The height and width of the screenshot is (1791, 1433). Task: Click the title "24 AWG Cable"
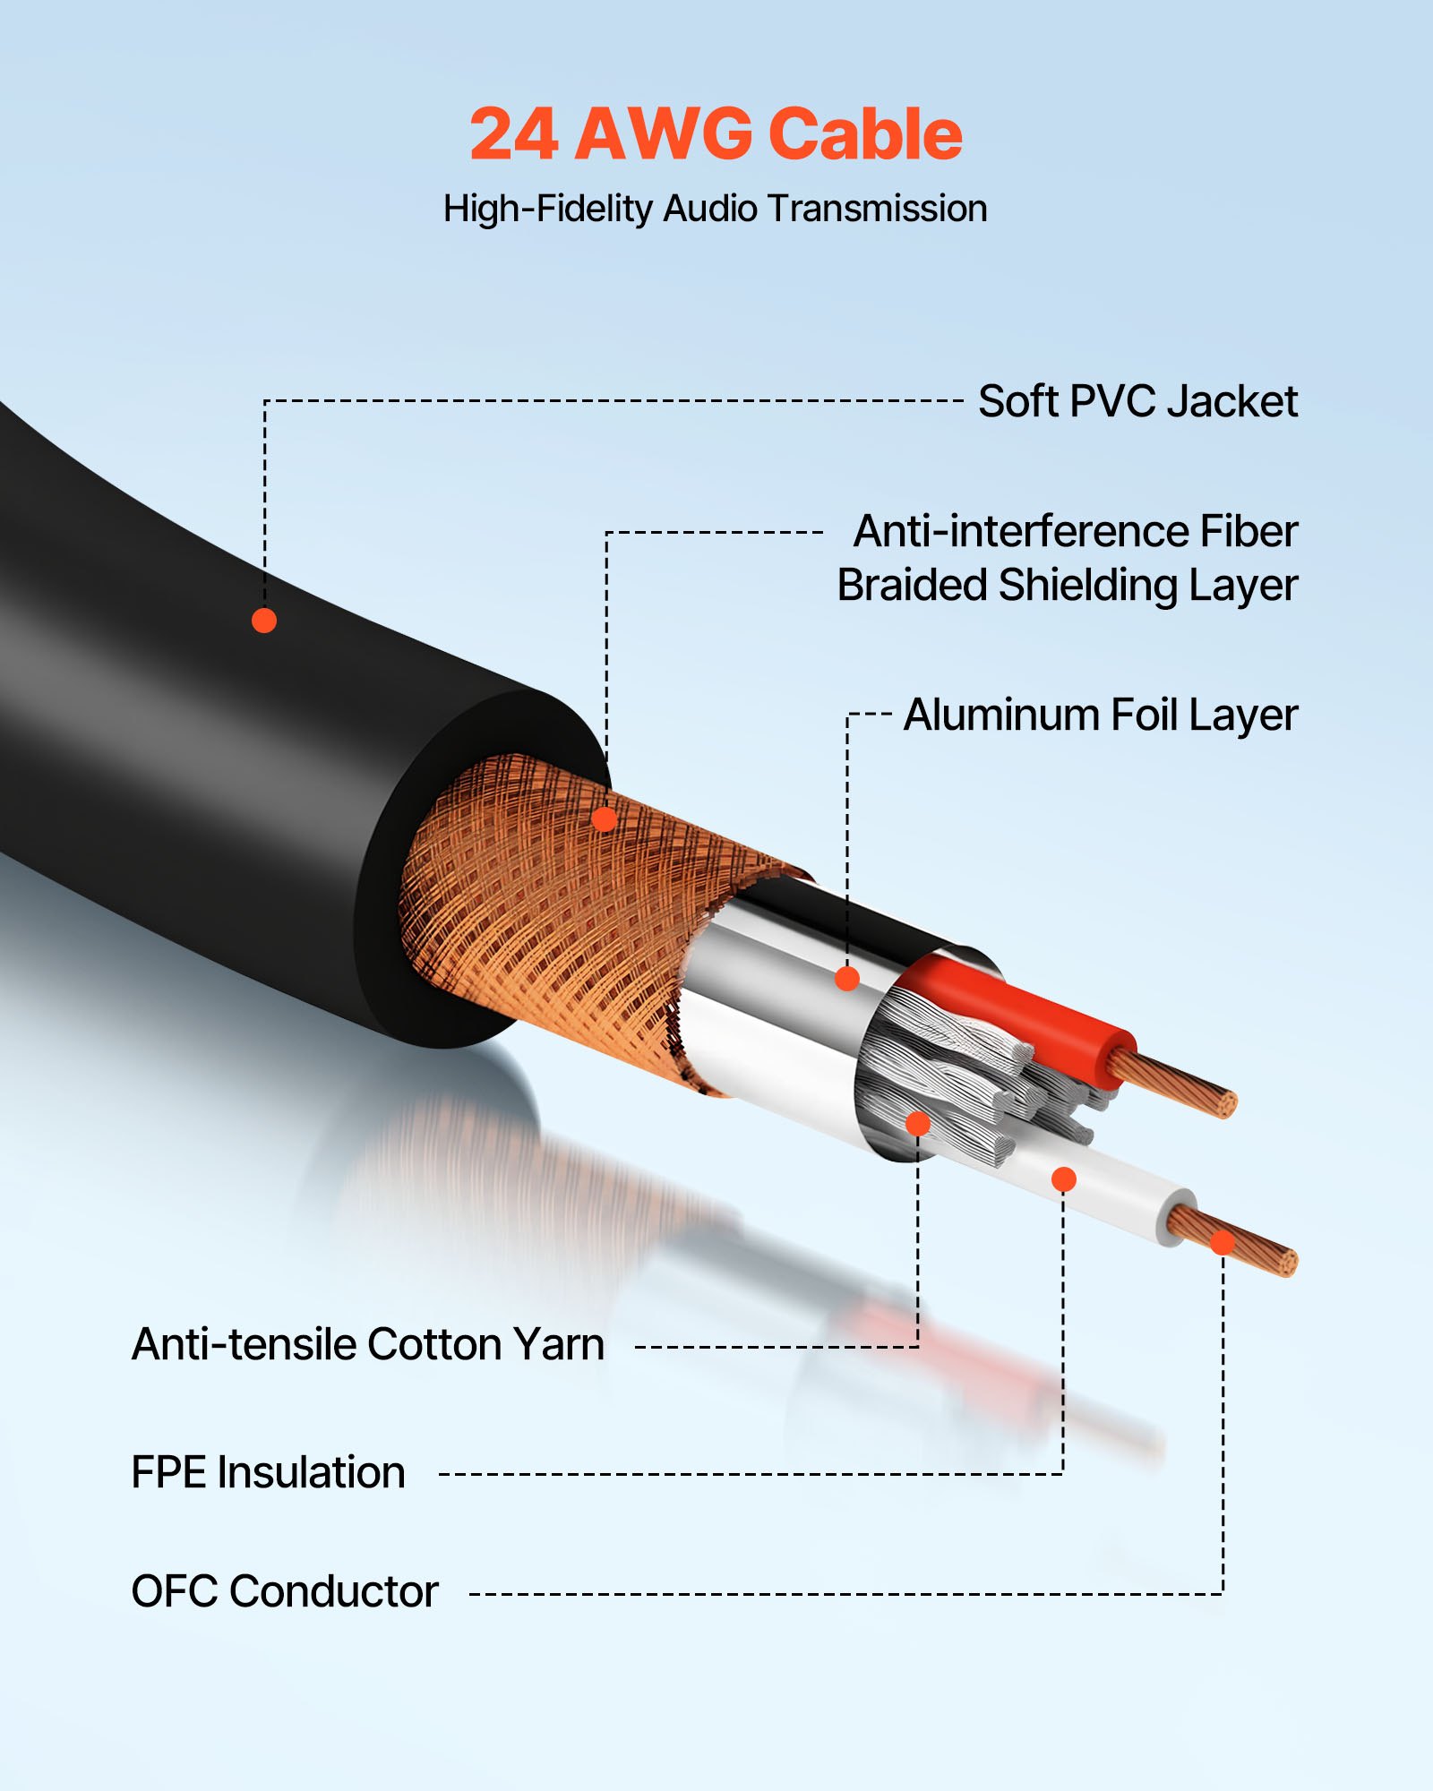click(x=716, y=134)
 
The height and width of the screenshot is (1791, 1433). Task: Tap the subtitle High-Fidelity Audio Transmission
click(x=715, y=209)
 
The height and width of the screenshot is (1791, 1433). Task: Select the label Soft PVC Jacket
click(x=1137, y=401)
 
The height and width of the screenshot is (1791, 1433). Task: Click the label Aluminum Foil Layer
click(x=1100, y=715)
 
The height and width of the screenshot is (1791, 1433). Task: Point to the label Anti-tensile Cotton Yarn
click(x=368, y=1344)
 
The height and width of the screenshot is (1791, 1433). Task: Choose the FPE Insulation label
click(x=268, y=1473)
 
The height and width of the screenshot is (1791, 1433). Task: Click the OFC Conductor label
click(x=285, y=1591)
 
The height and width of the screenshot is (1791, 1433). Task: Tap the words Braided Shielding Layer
click(x=1067, y=586)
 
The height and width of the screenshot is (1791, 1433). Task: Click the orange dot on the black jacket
click(x=263, y=621)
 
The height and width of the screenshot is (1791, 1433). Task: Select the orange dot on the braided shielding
click(x=605, y=818)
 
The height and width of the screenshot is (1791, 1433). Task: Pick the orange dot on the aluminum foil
click(x=847, y=979)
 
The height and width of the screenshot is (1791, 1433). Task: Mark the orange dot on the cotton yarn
click(x=918, y=1124)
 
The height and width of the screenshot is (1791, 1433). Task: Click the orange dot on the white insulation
click(x=1063, y=1179)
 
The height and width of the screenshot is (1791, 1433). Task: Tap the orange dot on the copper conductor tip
click(x=1223, y=1242)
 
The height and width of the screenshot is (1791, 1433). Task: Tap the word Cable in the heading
click(x=864, y=134)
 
